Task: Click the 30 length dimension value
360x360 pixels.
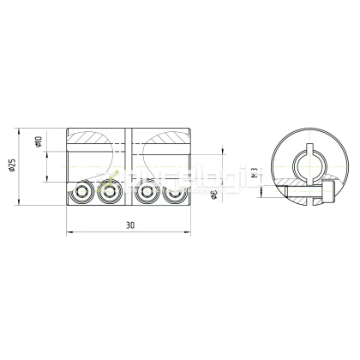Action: [x=129, y=225]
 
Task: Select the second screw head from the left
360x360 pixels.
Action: [x=109, y=194]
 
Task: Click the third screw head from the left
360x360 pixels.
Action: [x=149, y=194]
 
